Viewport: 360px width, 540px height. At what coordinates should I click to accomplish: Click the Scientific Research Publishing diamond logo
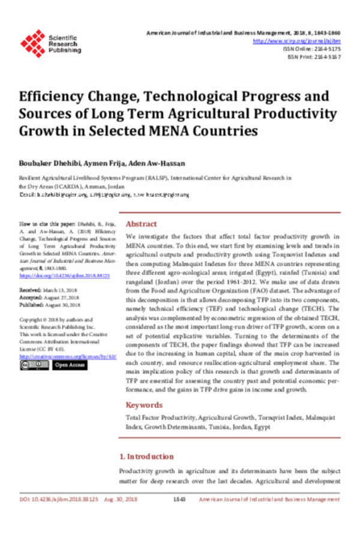coord(32,43)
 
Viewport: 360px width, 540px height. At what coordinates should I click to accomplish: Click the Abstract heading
coord(141,224)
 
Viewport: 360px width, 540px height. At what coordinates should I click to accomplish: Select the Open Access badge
coord(70,365)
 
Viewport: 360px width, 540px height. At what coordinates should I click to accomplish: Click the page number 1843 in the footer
coord(179,499)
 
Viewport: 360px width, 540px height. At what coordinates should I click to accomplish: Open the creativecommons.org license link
coord(66,355)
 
